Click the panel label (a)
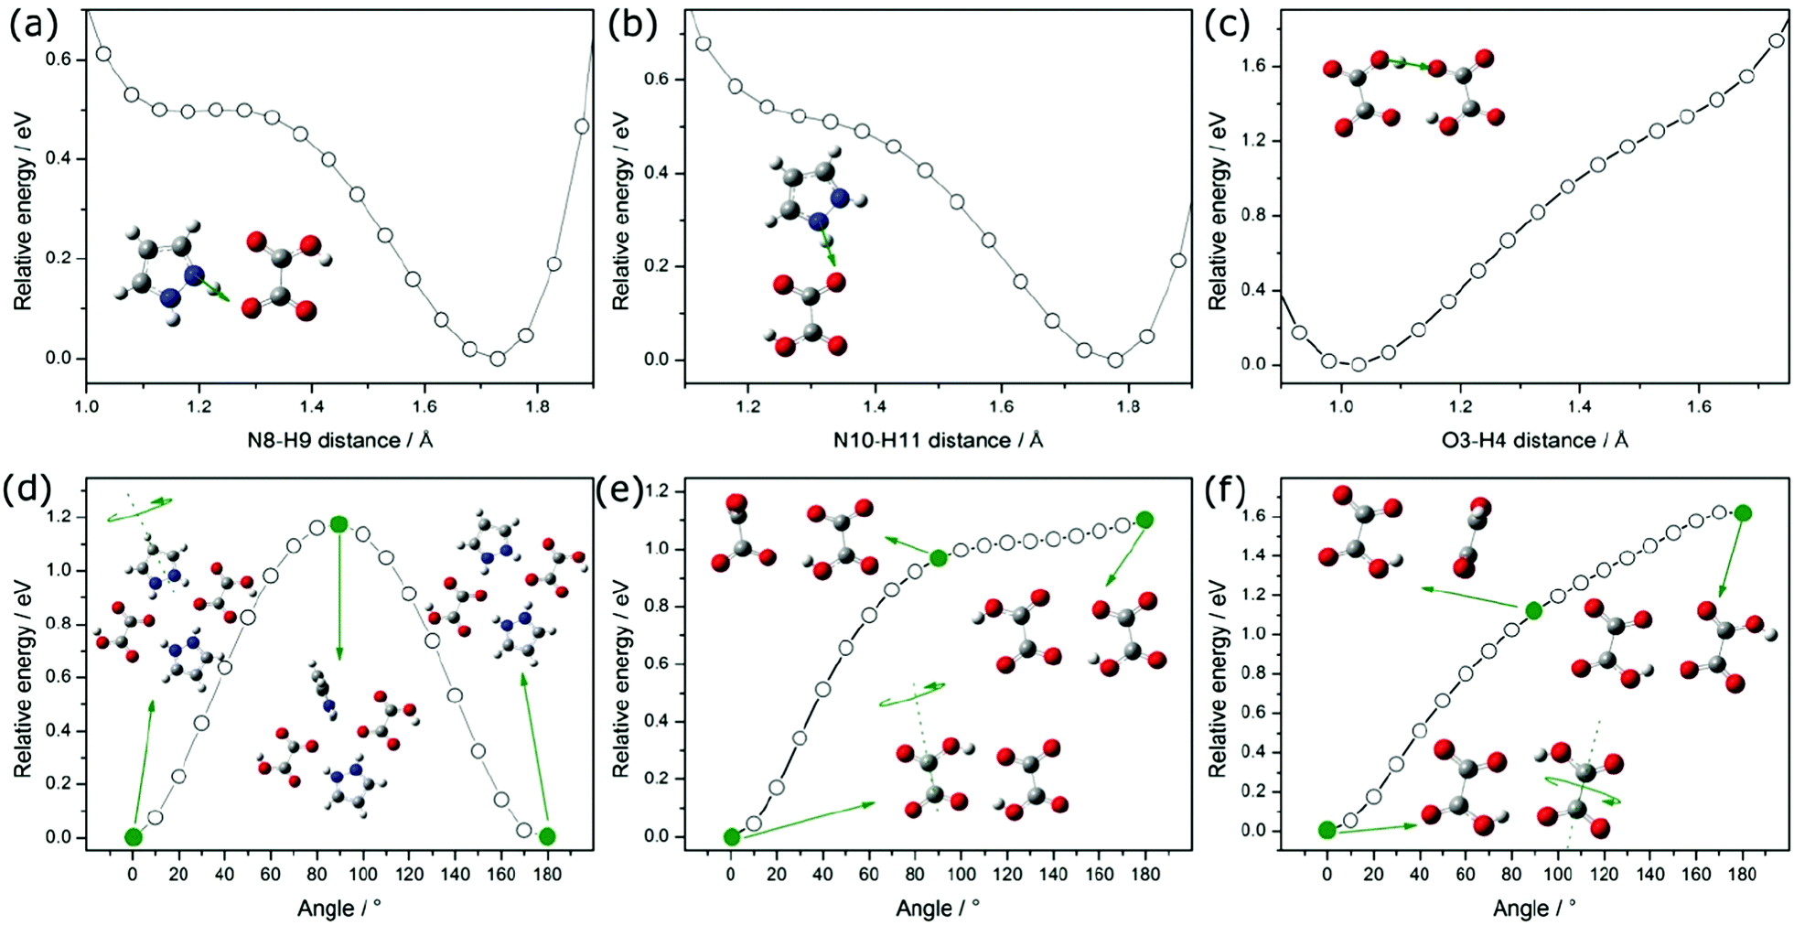[x=33, y=25]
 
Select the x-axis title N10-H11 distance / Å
[x=938, y=441]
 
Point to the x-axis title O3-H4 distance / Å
[x=1534, y=441]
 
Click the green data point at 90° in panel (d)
[x=339, y=523]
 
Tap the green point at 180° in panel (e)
[x=1144, y=520]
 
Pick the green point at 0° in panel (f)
[x=1327, y=830]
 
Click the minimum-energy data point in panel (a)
[x=497, y=359]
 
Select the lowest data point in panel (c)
[x=1359, y=364]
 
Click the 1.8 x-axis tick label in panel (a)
[x=537, y=407]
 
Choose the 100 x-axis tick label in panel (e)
[x=961, y=874]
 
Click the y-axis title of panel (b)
[x=621, y=210]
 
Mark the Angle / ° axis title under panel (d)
[x=338, y=909]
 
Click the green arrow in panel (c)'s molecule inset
[x=1409, y=64]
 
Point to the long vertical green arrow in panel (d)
[x=339, y=595]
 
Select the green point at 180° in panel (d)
[x=547, y=835]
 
